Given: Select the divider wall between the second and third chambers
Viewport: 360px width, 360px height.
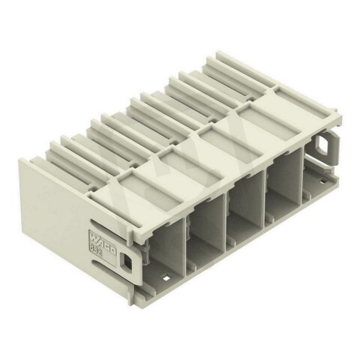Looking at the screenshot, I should point(226,223).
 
